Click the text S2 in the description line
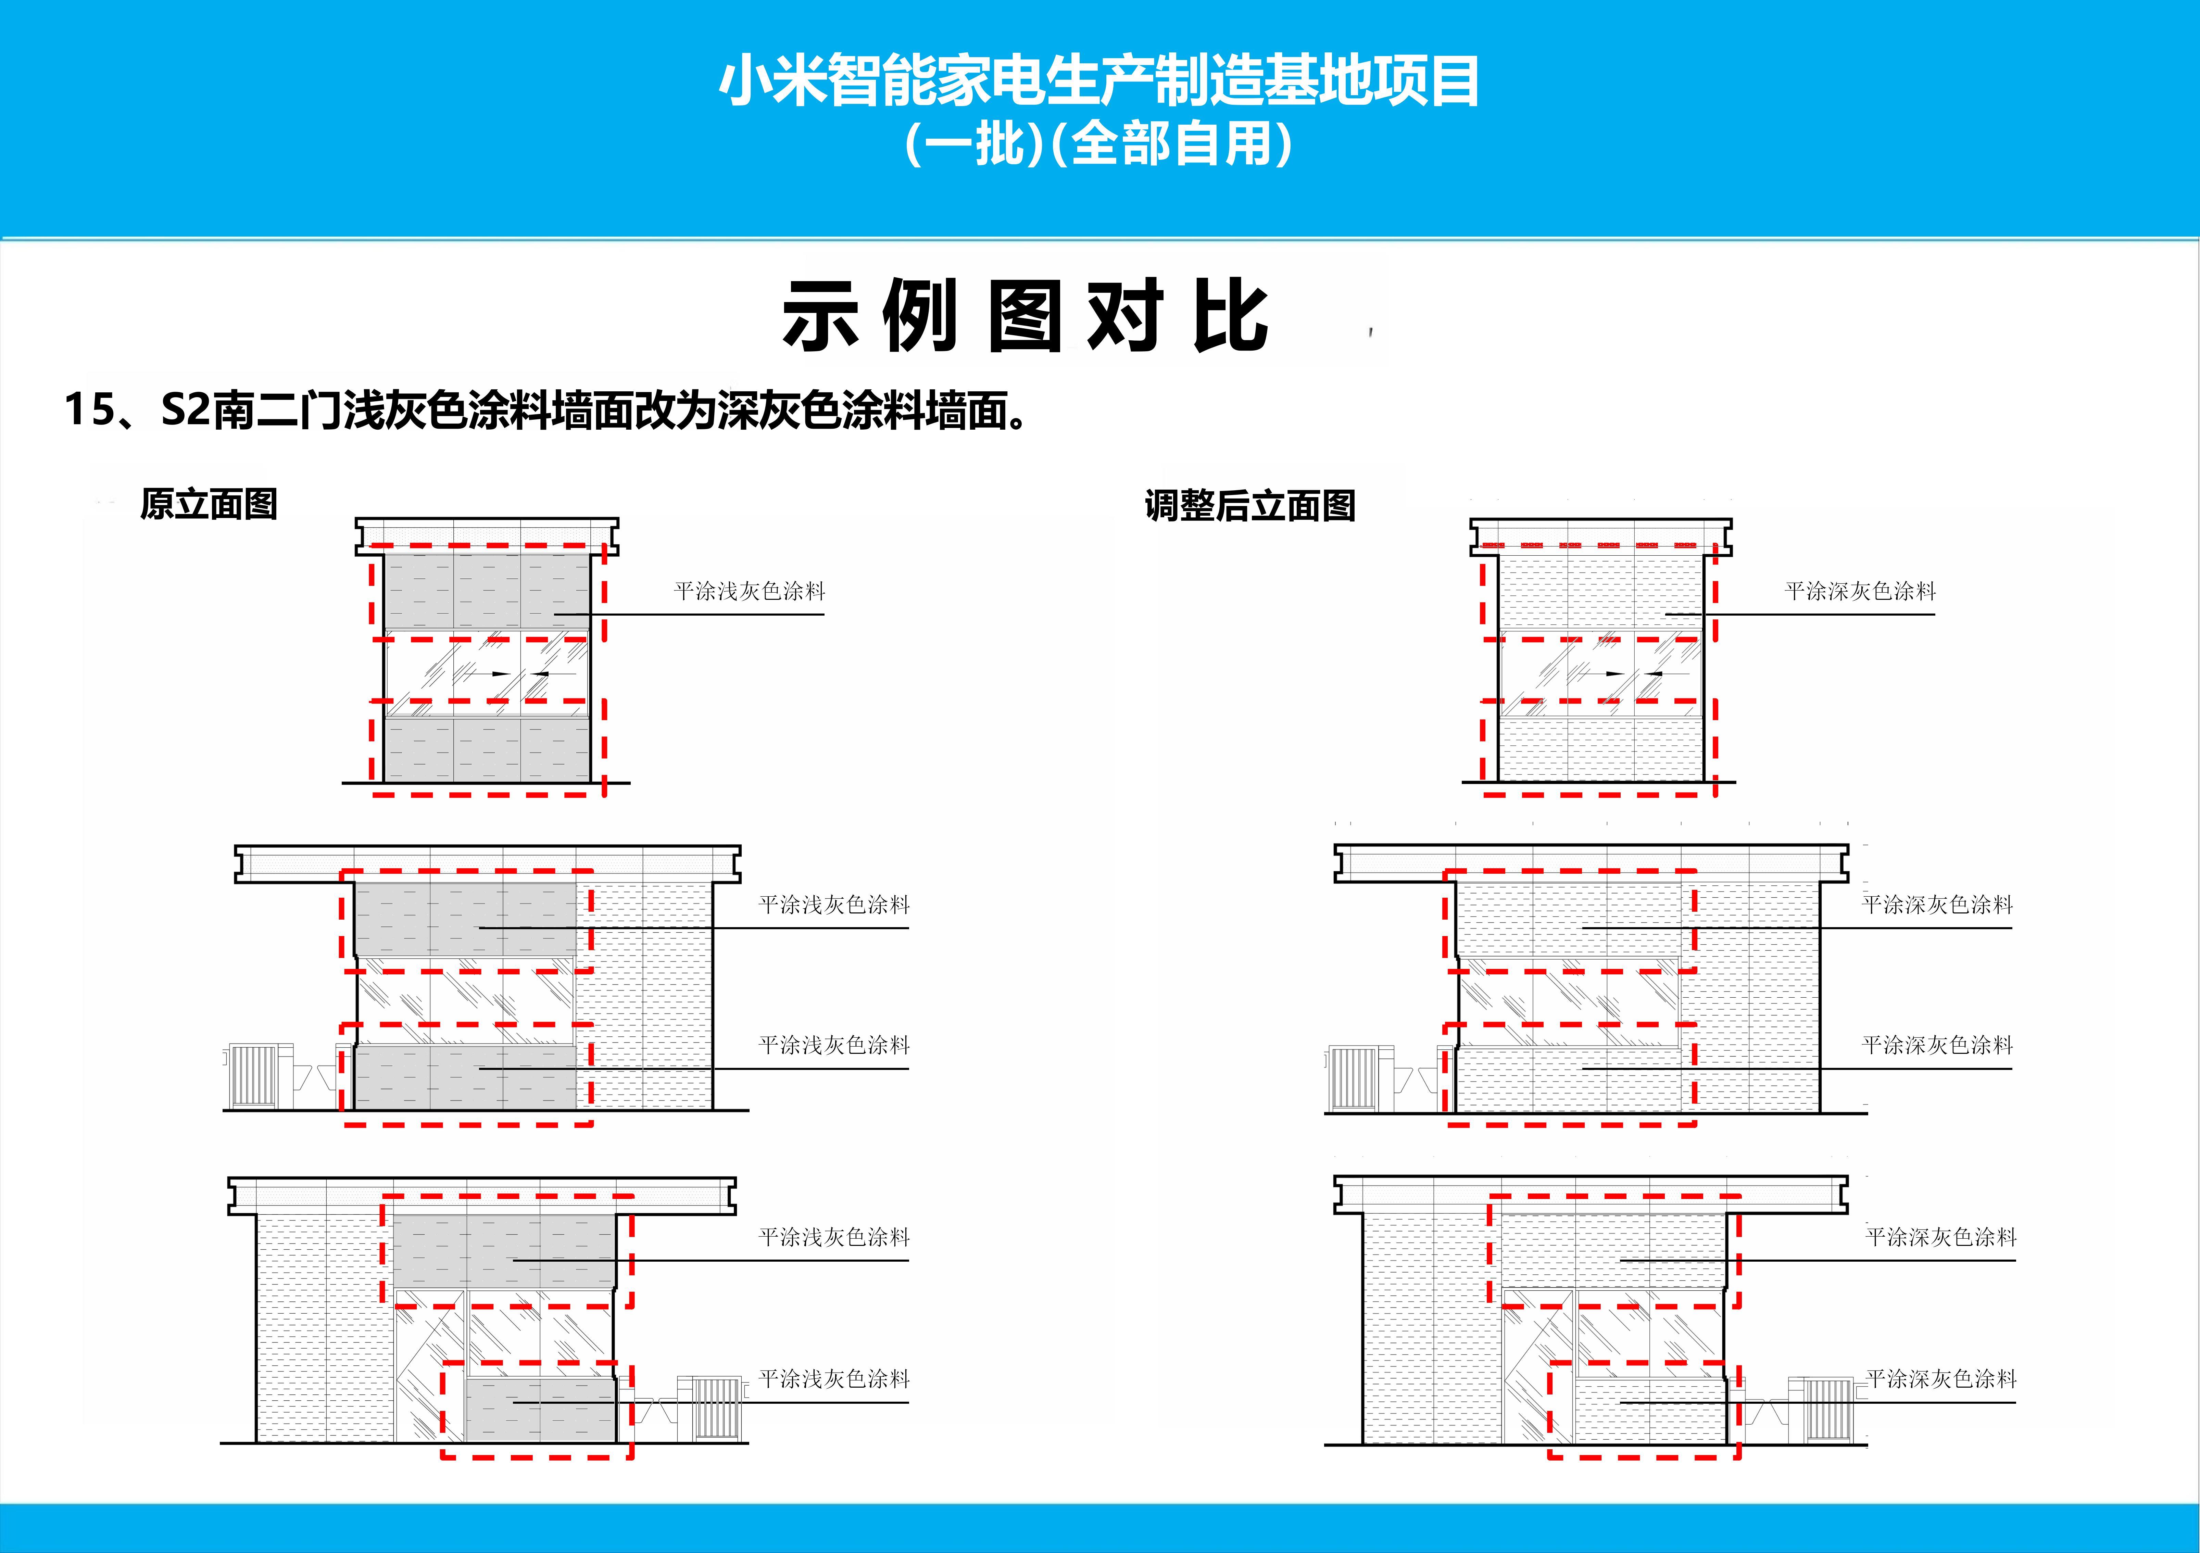point(185,410)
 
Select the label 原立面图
point(209,504)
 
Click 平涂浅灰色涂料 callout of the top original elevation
point(749,591)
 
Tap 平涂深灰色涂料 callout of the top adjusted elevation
point(1860,591)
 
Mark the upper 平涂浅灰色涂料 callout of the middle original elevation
point(834,905)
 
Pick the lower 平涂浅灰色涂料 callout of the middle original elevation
point(834,1045)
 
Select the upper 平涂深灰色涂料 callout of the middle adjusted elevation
point(1936,905)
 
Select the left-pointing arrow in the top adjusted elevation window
point(1650,673)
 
